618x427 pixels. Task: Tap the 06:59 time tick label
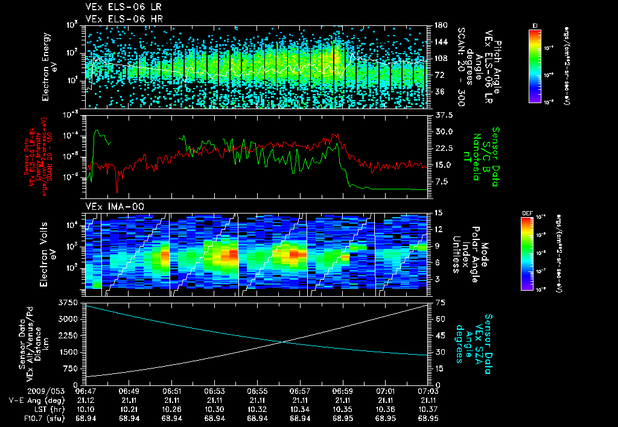[x=343, y=391]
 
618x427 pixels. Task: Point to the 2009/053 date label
[x=22, y=391]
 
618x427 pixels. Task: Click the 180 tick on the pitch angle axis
[x=439, y=25]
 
